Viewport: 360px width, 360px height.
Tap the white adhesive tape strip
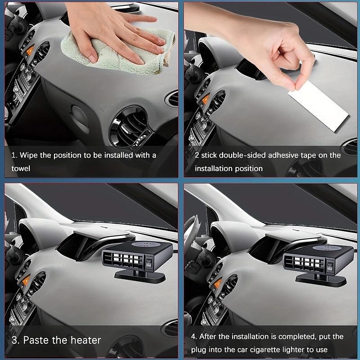click(x=319, y=106)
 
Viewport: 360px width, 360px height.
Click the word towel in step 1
click(x=21, y=168)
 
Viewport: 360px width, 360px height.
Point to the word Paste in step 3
click(x=36, y=340)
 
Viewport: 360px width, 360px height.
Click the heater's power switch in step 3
click(x=149, y=263)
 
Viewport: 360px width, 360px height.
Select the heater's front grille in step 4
click(x=304, y=262)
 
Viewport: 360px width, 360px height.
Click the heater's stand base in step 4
click(x=321, y=280)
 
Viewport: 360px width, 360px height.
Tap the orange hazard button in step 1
click(x=30, y=51)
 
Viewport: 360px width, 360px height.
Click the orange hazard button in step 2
click(x=206, y=99)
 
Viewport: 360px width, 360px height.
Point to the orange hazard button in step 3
click(x=26, y=280)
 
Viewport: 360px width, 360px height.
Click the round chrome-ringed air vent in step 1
click(x=129, y=126)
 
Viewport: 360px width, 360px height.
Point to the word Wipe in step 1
click(x=28, y=155)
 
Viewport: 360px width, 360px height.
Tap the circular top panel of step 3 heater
click(x=145, y=244)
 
